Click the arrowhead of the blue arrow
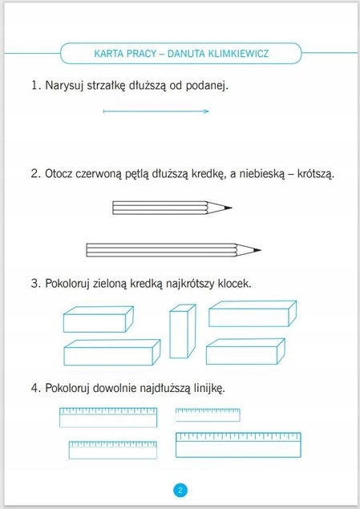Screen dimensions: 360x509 click(x=206, y=111)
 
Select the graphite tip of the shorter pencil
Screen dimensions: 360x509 click(x=228, y=208)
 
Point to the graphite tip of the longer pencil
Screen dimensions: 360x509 click(x=257, y=250)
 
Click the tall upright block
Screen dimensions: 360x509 click(x=183, y=331)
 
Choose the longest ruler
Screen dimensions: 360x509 click(x=238, y=445)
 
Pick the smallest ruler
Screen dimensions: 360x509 click(x=208, y=415)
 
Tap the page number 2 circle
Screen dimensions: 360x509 click(x=180, y=491)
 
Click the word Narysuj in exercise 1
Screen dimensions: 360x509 click(x=65, y=86)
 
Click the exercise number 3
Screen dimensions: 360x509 click(x=35, y=284)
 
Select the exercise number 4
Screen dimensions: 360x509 click(x=35, y=388)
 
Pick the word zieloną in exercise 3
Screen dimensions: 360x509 click(x=110, y=284)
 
